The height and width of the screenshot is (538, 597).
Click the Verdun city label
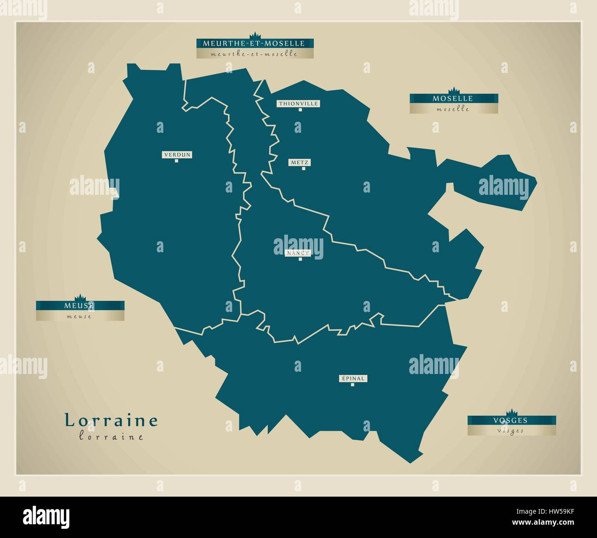177,155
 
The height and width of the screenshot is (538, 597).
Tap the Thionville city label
298,104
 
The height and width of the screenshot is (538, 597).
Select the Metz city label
300,162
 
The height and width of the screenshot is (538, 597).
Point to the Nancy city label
298,253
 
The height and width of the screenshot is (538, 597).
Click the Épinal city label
353,379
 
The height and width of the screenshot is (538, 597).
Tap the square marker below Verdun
176,161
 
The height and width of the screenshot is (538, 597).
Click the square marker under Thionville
300,110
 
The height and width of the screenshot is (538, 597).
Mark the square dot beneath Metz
304,169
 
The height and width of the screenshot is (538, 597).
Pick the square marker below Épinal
353,385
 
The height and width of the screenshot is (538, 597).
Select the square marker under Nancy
300,259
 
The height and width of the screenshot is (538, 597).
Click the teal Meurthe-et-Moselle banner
255,44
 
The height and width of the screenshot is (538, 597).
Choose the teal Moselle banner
454,98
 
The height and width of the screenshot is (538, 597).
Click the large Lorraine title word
111,421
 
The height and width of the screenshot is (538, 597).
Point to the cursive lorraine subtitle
111,437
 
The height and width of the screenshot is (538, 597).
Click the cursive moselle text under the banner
453,109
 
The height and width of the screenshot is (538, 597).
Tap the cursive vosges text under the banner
512,431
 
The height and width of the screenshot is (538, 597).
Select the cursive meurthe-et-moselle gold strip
255,54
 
